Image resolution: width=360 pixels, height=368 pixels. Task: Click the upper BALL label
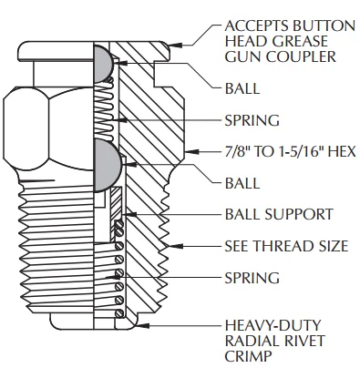[x=242, y=89]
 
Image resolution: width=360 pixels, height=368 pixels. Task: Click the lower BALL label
[x=242, y=182]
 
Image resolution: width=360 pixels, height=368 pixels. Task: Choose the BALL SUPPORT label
[x=279, y=215]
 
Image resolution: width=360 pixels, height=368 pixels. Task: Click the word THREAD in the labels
[x=286, y=246]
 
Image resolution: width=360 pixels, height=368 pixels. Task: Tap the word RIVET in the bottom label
[x=298, y=341]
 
